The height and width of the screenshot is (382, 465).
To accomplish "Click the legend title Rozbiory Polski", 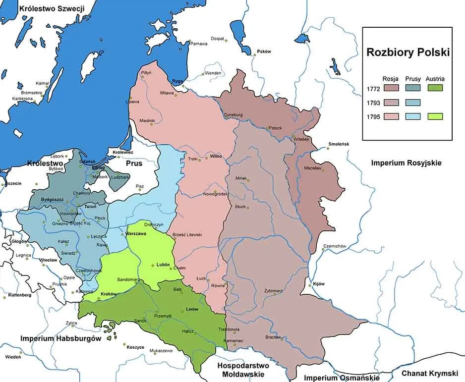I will (407, 53).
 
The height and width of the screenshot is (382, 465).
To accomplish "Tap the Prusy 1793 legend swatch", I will (412, 103).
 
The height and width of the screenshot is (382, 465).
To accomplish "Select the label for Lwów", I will (192, 309).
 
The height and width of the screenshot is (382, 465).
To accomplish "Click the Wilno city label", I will (215, 156).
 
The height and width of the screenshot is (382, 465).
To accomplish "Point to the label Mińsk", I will (241, 178).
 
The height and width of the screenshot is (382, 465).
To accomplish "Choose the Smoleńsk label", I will (339, 144).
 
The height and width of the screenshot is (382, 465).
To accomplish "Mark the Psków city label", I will (264, 52).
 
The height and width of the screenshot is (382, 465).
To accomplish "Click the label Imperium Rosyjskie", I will (406, 163).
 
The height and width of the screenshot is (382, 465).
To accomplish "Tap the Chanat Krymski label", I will (430, 373).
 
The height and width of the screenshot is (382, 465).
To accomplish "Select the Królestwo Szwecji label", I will (52, 8).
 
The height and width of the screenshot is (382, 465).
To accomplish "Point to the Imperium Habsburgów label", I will (60, 338).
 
